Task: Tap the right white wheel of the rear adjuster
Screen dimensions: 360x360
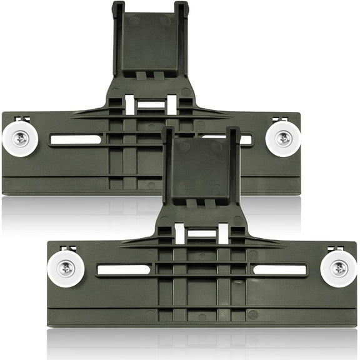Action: pyautogui.click(x=282, y=139)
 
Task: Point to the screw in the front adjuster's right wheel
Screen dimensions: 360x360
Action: pyautogui.click(x=338, y=269)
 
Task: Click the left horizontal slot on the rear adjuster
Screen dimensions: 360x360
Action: pyautogui.click(x=75, y=139)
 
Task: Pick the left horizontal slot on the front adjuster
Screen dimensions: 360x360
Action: pyautogui.click(x=123, y=269)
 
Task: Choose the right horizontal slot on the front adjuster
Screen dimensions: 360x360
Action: pyautogui.click(x=279, y=269)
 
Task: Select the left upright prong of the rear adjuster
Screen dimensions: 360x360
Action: pyautogui.click(x=118, y=25)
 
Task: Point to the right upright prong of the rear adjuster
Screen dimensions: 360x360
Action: pyautogui.click(x=182, y=25)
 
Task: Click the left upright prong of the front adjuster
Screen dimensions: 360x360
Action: pyautogui.click(x=167, y=156)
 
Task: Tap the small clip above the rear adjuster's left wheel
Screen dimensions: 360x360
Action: pyautogui.click(x=20, y=119)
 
